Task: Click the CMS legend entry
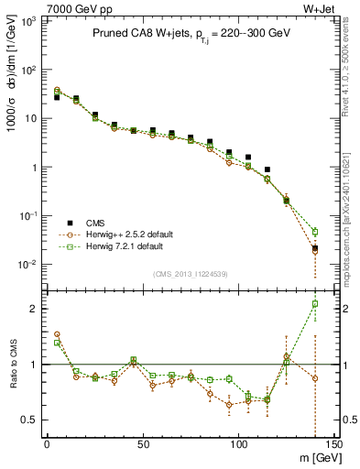[x=95, y=223]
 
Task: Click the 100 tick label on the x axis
[x=238, y=444]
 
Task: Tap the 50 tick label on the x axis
[x=143, y=444]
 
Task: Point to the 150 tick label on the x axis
[x=333, y=444]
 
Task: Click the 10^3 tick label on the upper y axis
[x=27, y=20]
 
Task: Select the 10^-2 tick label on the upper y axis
[x=27, y=265]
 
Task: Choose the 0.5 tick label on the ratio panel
[x=29, y=420]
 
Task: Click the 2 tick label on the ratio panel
[x=34, y=309]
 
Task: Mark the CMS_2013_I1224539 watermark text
[x=190, y=272]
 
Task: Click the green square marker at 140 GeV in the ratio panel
[x=315, y=303]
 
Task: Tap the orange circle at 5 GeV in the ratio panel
[x=57, y=334]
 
